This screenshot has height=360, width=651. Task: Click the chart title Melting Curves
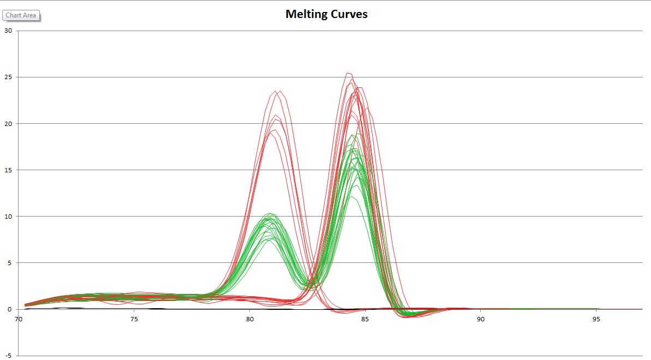pos(326,14)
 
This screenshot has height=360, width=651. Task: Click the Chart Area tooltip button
pos(21,15)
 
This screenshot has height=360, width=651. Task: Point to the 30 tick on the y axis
pos(8,31)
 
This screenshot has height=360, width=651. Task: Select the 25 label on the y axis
pos(8,77)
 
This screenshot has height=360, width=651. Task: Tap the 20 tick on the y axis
pos(8,123)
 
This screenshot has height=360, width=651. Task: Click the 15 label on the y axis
pos(8,170)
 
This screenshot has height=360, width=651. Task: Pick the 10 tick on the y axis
pos(8,216)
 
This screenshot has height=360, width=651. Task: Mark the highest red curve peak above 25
pos(348,73)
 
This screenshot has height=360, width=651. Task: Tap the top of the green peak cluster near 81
pos(270,213)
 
